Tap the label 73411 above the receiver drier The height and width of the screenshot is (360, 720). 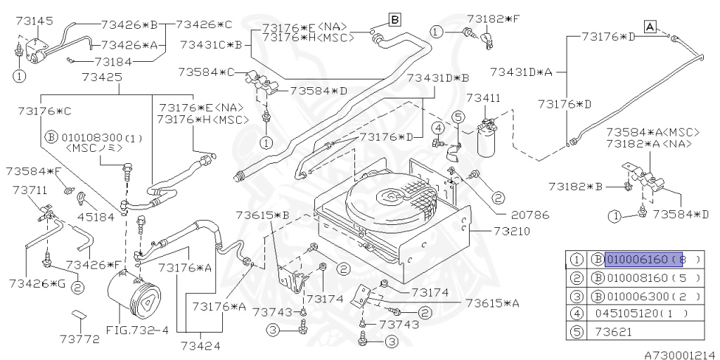[484, 98]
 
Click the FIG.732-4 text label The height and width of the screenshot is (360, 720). [138, 329]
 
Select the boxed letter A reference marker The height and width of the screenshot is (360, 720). [650, 27]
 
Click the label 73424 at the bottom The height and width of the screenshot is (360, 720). [200, 345]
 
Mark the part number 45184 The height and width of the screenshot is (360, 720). [96, 217]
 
